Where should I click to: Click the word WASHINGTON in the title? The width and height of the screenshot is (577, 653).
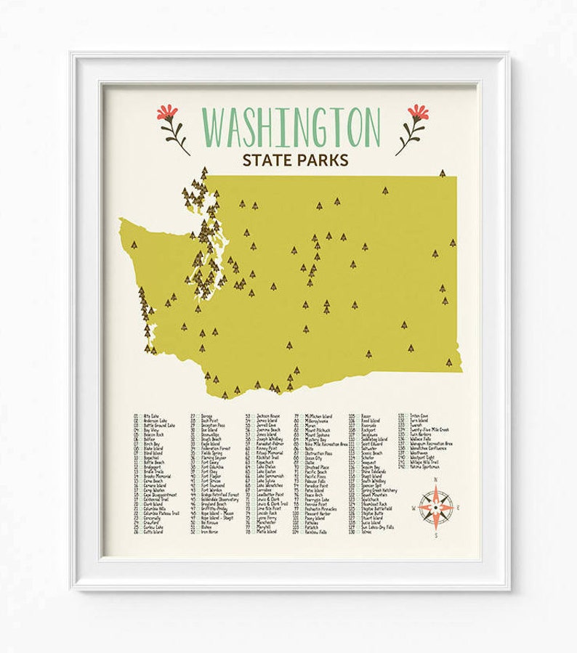tap(291, 126)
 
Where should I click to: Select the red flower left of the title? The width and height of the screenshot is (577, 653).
tap(168, 113)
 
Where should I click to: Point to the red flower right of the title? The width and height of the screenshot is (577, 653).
tap(418, 113)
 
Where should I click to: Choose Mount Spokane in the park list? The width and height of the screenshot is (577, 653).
tap(316, 435)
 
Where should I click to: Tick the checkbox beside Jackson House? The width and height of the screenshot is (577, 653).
tap(252, 416)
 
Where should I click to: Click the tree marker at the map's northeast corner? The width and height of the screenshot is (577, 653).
tap(442, 173)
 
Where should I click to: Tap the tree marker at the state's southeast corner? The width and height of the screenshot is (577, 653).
tap(448, 362)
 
